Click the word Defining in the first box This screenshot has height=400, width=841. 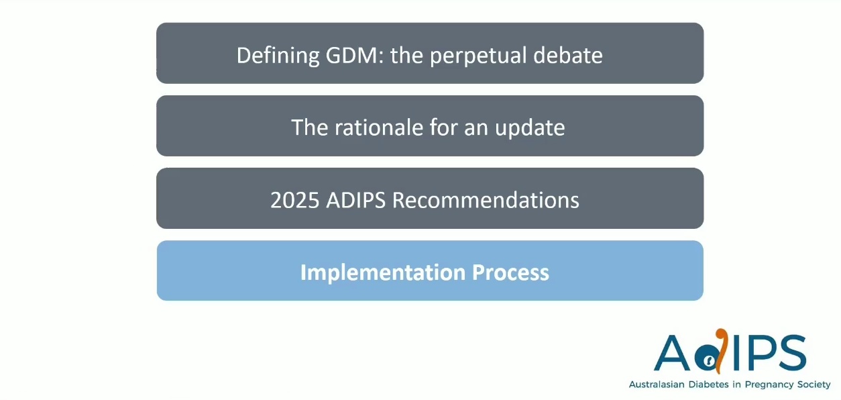pyautogui.click(x=278, y=56)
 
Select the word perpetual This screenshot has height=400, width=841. pyautogui.click(x=478, y=56)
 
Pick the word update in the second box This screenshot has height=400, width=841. pyautogui.click(x=529, y=128)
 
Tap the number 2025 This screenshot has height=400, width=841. pyautogui.click(x=294, y=200)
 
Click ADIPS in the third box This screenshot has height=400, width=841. pyautogui.click(x=355, y=200)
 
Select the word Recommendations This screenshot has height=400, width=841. pyautogui.click(x=486, y=200)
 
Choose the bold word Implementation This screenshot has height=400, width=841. pyautogui.click(x=382, y=272)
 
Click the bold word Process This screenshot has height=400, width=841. pyautogui.click(x=510, y=272)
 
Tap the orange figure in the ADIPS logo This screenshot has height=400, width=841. pyautogui.click(x=721, y=351)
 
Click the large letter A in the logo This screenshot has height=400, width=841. pyautogui.click(x=672, y=352)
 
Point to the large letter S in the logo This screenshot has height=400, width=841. pyautogui.click(x=792, y=352)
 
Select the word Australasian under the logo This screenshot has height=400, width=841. pyautogui.click(x=657, y=385)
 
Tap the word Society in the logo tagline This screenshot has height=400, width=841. pyautogui.click(x=812, y=385)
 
